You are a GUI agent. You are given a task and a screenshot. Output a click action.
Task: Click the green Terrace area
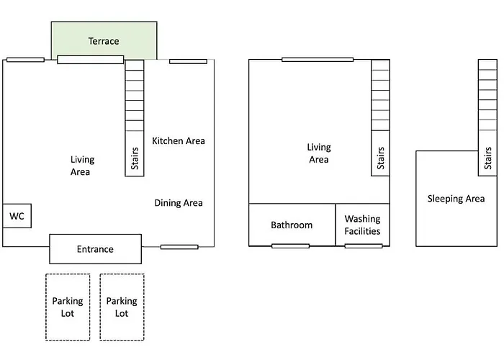(x=104, y=40)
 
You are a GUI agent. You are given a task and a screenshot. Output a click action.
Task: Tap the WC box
(x=17, y=215)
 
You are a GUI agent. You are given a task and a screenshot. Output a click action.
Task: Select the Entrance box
(x=95, y=249)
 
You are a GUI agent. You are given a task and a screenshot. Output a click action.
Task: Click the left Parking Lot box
(x=68, y=307)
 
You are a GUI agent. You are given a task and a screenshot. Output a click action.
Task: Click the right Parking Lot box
(x=122, y=307)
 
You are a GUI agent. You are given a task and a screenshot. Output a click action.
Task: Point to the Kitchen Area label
(x=179, y=140)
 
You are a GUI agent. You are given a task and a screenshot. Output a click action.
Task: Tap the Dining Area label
(x=179, y=203)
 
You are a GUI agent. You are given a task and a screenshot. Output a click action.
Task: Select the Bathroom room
(x=292, y=225)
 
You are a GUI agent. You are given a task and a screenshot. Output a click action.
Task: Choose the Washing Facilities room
(x=362, y=225)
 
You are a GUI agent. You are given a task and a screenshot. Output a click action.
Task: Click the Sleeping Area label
(x=456, y=198)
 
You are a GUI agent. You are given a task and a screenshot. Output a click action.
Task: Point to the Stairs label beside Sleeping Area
(x=487, y=159)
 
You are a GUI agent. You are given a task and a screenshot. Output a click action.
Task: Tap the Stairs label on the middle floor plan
(x=380, y=159)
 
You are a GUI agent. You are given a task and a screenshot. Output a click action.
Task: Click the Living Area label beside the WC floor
(x=82, y=166)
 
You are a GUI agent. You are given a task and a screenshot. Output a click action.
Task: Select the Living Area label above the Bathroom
(x=318, y=153)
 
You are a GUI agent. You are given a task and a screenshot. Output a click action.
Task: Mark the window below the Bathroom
(x=290, y=246)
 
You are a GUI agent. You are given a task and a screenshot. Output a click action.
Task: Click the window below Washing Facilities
(x=364, y=246)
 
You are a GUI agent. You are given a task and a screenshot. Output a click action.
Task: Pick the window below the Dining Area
(x=179, y=247)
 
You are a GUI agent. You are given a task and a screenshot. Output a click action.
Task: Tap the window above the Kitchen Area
(x=188, y=61)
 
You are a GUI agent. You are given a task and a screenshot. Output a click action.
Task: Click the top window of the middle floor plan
(x=318, y=59)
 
